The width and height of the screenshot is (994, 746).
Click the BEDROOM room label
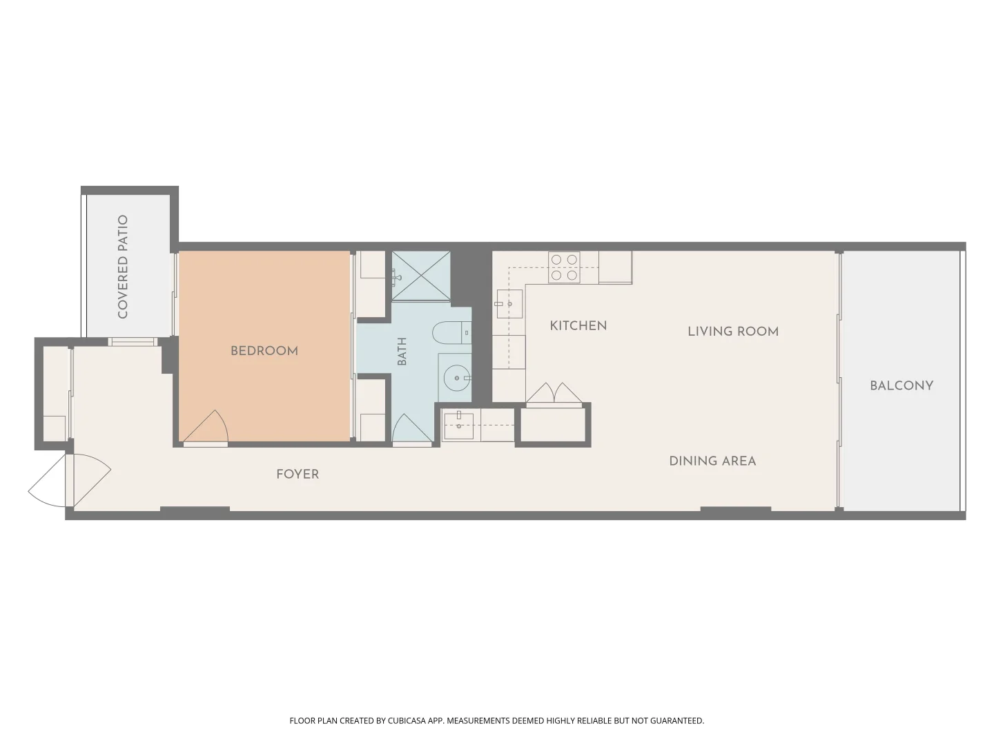tap(264, 351)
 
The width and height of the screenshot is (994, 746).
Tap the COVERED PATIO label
tap(123, 267)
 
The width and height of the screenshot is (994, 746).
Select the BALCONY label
tap(902, 386)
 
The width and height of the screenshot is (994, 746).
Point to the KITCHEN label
tap(578, 325)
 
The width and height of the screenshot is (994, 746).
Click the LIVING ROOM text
tap(732, 332)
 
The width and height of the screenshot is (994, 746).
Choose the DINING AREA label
tap(712, 461)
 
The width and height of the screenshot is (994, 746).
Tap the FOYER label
tap(298, 475)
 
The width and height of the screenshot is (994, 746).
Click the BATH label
tap(402, 351)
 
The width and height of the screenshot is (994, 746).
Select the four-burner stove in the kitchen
tap(564, 267)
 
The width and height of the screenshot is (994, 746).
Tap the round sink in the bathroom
tap(457, 377)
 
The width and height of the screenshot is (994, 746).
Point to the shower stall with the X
tap(420, 276)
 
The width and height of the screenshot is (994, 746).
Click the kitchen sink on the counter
tap(509, 304)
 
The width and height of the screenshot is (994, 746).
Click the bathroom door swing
tap(411, 428)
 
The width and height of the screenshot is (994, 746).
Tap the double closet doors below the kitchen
tap(554, 393)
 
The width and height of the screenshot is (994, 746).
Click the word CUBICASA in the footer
tap(407, 720)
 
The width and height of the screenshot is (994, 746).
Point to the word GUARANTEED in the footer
tap(677, 720)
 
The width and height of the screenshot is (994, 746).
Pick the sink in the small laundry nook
tap(459, 425)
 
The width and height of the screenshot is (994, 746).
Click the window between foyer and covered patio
tap(133, 341)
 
